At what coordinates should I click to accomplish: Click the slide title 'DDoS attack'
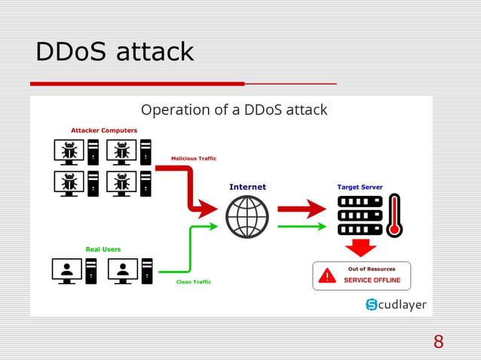(115, 52)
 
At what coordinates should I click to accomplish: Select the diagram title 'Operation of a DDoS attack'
(234, 110)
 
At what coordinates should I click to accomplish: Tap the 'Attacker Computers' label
(104, 130)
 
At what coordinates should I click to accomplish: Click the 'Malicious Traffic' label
(194, 158)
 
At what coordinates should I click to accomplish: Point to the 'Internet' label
(247, 187)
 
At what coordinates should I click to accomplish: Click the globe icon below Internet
(247, 217)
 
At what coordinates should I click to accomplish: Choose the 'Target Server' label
(360, 187)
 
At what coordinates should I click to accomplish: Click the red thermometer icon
(393, 216)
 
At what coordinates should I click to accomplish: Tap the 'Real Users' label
(103, 249)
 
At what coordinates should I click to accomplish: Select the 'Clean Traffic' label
(194, 282)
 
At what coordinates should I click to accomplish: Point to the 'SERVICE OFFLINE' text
(372, 280)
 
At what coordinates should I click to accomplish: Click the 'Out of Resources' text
(372, 269)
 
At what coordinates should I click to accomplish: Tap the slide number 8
(438, 343)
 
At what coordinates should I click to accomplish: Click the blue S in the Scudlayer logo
(372, 304)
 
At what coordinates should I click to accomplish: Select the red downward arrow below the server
(360, 248)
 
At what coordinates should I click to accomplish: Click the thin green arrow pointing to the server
(302, 226)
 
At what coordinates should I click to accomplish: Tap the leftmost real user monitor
(67, 270)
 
